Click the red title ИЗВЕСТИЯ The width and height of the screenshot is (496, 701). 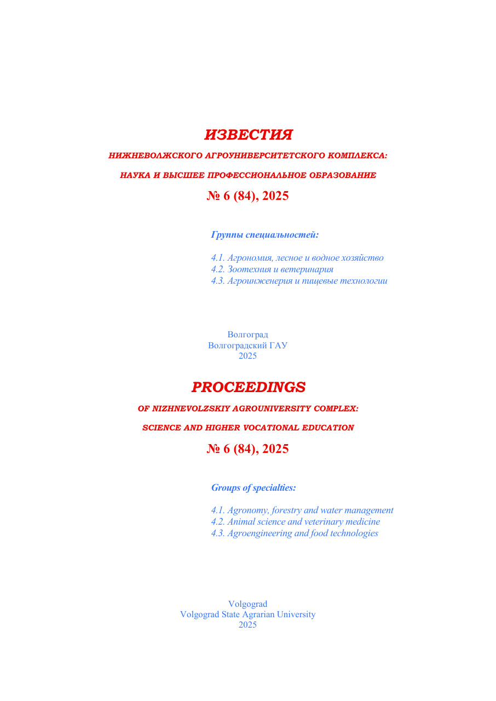[x=248, y=135]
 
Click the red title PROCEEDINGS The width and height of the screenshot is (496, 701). [x=248, y=387]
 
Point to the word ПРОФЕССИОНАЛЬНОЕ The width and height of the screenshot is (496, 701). [x=253, y=175]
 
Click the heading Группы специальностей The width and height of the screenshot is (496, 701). [x=264, y=235]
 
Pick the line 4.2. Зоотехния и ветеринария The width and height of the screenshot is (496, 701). [x=272, y=269]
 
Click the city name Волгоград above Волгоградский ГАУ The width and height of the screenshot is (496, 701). [x=247, y=335]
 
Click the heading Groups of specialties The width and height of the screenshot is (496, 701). [x=253, y=487]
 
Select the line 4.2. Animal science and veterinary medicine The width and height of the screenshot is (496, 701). [x=295, y=522]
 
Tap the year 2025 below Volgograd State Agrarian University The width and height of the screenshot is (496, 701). [x=247, y=625]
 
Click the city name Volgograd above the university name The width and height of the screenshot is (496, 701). [x=247, y=604]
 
